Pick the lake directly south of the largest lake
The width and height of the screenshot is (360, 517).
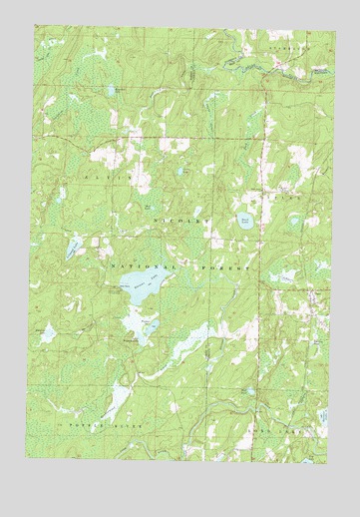pos(139,328)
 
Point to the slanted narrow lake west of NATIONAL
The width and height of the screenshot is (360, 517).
pos(74,248)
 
